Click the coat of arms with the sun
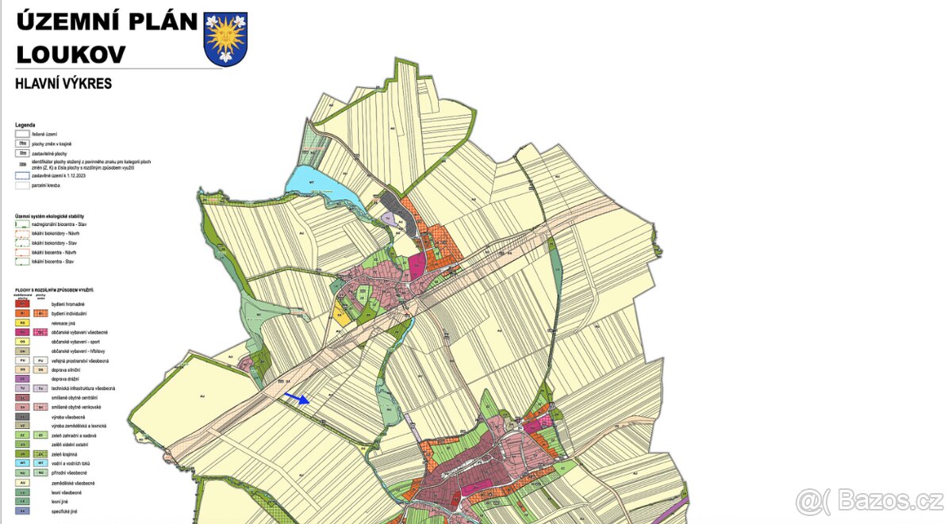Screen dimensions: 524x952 225,38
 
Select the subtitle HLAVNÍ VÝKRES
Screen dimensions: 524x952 63,83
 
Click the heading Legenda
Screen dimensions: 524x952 25,125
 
